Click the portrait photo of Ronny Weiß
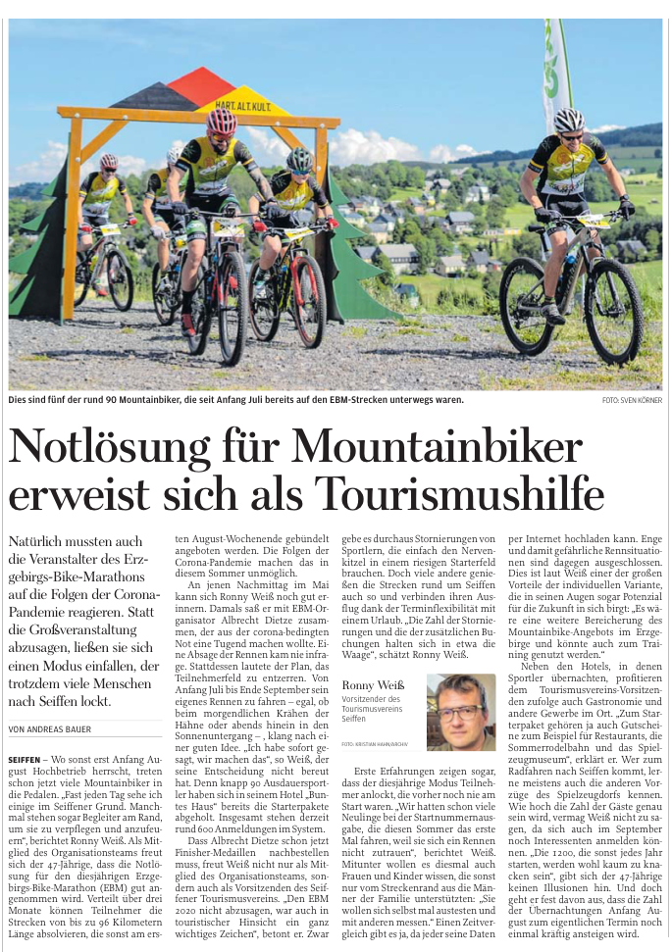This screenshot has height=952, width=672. [x=460, y=712]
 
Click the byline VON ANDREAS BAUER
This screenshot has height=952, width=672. [x=52, y=728]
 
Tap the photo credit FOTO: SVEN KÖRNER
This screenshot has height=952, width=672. [x=632, y=400]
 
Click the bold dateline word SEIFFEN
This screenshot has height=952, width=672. [x=24, y=760]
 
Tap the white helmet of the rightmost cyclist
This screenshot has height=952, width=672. [x=568, y=120]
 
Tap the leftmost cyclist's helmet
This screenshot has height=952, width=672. [x=109, y=160]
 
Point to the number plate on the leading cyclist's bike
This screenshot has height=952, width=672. [x=228, y=231]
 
